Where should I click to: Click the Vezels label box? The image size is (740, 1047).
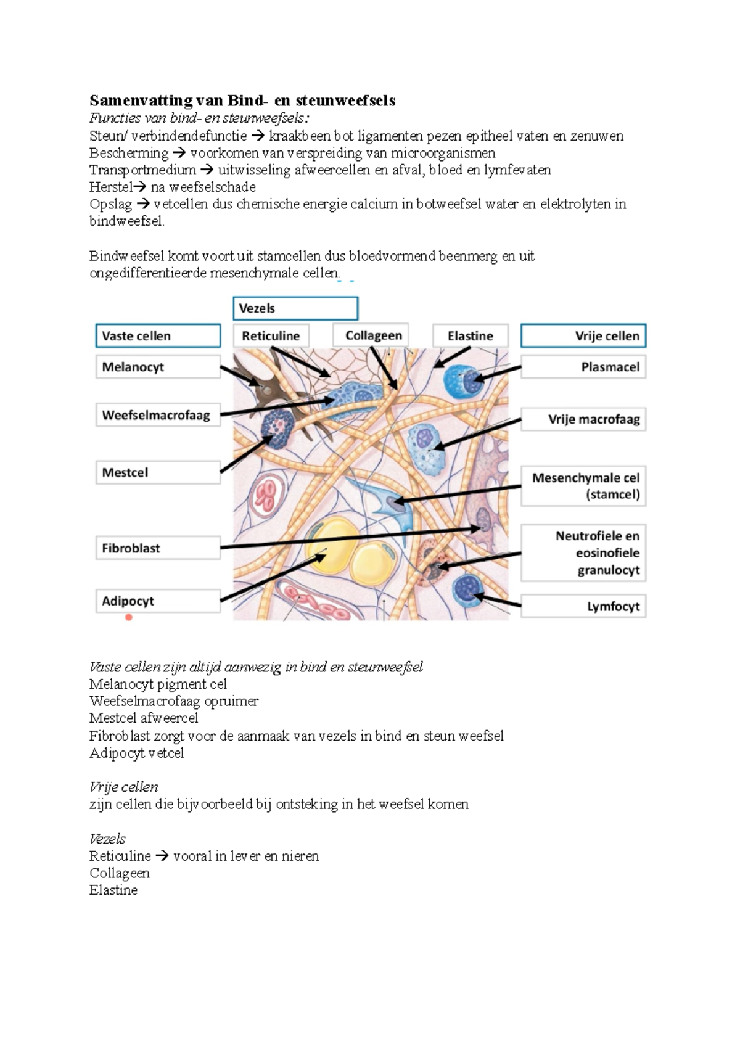pyautogui.click(x=295, y=308)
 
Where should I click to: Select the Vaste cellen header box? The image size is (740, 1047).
pyautogui.click(x=158, y=336)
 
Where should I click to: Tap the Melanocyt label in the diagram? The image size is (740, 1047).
pyautogui.click(x=158, y=367)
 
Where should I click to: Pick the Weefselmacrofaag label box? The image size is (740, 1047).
pyautogui.click(x=158, y=415)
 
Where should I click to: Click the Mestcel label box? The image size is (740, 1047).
pyautogui.click(x=158, y=472)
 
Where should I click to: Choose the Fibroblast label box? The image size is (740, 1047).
pyautogui.click(x=158, y=548)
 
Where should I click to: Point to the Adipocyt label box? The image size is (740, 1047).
pyautogui.click(x=158, y=601)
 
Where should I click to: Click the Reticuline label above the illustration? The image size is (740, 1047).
pyautogui.click(x=271, y=336)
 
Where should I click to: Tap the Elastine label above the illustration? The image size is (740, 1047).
pyautogui.click(x=471, y=336)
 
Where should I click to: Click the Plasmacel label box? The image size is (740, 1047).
pyautogui.click(x=583, y=367)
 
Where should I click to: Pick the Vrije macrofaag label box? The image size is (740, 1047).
pyautogui.click(x=583, y=419)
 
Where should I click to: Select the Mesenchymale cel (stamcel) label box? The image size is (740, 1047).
pyautogui.click(x=583, y=486)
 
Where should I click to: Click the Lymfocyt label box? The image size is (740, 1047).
pyautogui.click(x=583, y=606)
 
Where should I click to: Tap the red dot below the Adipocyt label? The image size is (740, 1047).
pyautogui.click(x=129, y=617)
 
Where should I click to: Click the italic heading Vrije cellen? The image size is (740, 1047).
pyautogui.click(x=124, y=787)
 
